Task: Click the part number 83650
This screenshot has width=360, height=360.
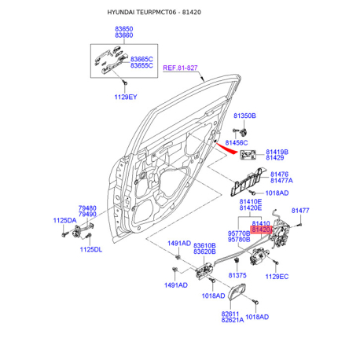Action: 124,29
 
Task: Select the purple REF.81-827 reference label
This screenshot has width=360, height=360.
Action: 180,68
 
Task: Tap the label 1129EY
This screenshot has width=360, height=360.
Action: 126,97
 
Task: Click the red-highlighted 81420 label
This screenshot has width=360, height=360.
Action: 261,230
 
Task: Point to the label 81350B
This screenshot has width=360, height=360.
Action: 244,116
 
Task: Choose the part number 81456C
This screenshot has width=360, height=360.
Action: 237,143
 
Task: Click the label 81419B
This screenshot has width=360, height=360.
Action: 277,152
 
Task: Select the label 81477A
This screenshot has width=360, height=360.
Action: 281,181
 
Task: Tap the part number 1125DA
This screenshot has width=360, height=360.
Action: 64,220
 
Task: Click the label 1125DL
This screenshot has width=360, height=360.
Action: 91,249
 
